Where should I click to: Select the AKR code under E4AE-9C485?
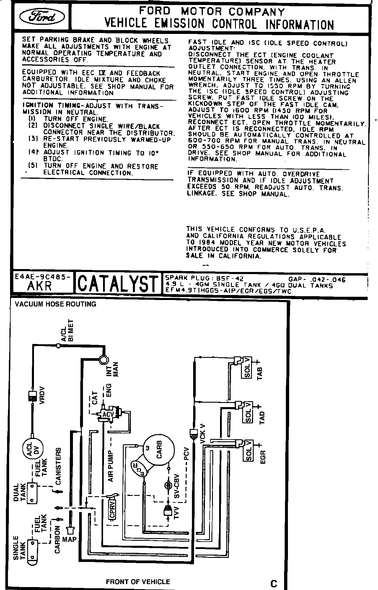pyautogui.click(x=40, y=286)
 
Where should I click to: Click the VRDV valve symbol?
pyautogui.click(x=32, y=395)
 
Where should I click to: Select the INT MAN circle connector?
pyautogui.click(x=104, y=360)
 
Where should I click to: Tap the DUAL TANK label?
pyautogui.click(x=19, y=492)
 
